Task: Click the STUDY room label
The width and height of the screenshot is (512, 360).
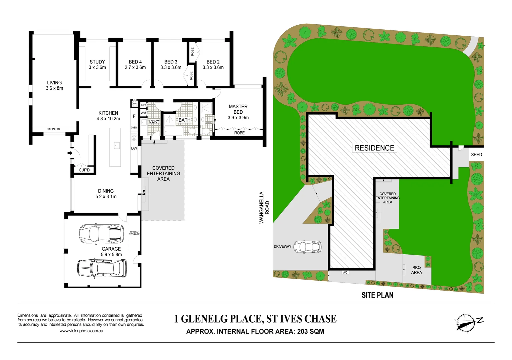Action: [97, 62]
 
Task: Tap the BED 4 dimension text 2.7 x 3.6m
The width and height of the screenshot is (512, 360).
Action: [135, 67]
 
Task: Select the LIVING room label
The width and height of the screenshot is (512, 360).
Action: [54, 83]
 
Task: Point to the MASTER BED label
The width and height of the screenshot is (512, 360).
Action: [238, 109]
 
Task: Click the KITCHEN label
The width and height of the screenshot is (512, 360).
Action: [108, 113]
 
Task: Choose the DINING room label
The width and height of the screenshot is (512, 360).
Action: [106, 191]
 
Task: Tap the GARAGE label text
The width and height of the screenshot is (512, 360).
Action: [111, 249]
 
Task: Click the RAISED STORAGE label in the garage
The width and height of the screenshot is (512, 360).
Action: [134, 233]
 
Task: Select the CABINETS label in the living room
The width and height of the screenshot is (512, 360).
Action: [53, 129]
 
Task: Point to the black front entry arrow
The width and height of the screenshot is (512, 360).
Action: [70, 153]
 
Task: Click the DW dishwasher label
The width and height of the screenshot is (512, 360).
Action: [134, 148]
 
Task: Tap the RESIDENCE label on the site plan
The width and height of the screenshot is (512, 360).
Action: [374, 148]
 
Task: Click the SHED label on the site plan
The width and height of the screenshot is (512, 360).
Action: [476, 155]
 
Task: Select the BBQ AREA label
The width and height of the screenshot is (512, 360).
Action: [416, 270]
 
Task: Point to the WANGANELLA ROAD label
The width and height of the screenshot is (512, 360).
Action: [264, 207]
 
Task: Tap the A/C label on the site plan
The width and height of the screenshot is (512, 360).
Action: [345, 272]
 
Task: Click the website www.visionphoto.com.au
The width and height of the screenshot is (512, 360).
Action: [81, 331]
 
